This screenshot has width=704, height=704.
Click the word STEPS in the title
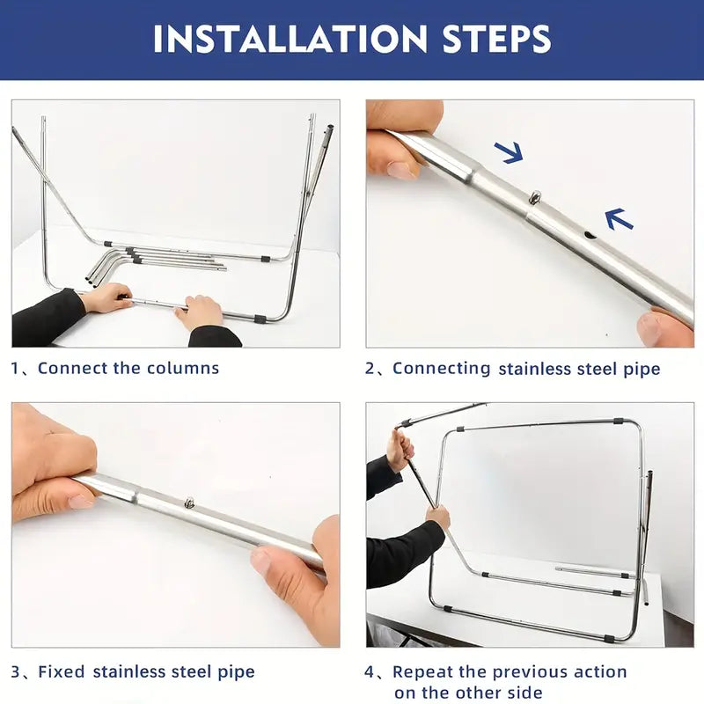pos(496,39)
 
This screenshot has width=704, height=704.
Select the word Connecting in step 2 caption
pos(442,369)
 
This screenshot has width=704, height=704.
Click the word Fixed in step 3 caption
pos(62,671)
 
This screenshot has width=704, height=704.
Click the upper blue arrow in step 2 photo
pos(510,151)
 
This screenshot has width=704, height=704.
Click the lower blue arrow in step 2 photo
pos(620,218)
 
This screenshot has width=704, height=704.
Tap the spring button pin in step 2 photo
pos(536,196)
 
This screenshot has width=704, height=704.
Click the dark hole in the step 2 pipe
pos(590,235)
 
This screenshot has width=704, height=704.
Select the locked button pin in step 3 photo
pos(190,502)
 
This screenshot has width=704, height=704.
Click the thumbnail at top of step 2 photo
pos(400,171)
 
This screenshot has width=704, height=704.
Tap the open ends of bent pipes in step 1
pos(92,281)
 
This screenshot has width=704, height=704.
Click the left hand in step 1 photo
pos(106,297)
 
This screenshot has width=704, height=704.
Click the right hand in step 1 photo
pos(200,312)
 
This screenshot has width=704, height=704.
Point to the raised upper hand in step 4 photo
pos(401,450)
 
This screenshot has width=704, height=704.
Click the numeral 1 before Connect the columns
pos(15,369)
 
